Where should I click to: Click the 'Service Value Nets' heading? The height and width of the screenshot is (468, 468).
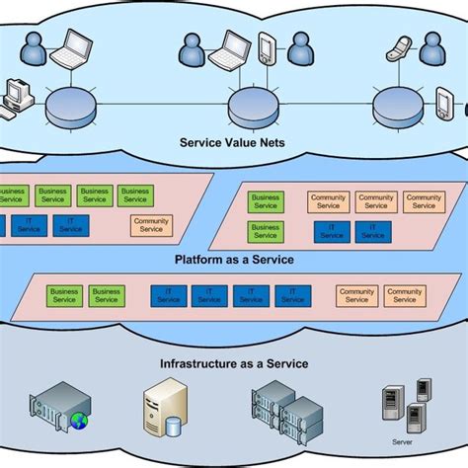234,141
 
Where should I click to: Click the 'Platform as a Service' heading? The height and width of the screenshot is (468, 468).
234,260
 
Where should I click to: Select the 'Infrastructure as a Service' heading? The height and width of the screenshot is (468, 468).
234,363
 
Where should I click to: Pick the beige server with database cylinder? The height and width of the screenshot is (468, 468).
164,407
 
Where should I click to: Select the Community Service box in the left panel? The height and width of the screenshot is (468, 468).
151,225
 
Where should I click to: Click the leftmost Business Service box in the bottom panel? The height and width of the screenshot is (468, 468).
65,296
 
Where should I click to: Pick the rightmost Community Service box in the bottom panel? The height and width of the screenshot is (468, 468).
405,296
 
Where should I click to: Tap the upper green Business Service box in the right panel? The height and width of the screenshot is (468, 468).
266,201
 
